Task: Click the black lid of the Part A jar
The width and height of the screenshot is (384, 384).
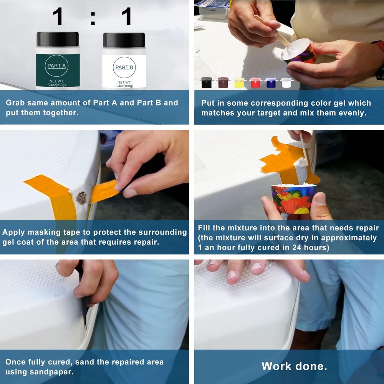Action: coord(58,39)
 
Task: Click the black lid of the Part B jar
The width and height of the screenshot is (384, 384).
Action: coord(124,40)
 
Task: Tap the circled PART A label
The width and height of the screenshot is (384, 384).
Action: coord(56,66)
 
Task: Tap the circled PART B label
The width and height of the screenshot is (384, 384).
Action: coord(124,67)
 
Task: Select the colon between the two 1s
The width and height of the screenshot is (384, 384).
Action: coord(93,18)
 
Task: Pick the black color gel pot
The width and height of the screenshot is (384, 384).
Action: coord(207,83)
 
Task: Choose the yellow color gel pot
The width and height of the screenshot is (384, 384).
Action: coord(240,83)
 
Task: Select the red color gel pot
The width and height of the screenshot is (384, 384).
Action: coord(256,83)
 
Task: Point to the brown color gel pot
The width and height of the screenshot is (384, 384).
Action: coord(223,83)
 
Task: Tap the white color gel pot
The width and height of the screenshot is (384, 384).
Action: coord(287,83)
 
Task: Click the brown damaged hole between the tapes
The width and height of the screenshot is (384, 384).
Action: coord(81,198)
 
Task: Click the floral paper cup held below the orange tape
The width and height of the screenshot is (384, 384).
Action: coord(293,199)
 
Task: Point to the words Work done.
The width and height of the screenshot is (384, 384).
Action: coord(294,366)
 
